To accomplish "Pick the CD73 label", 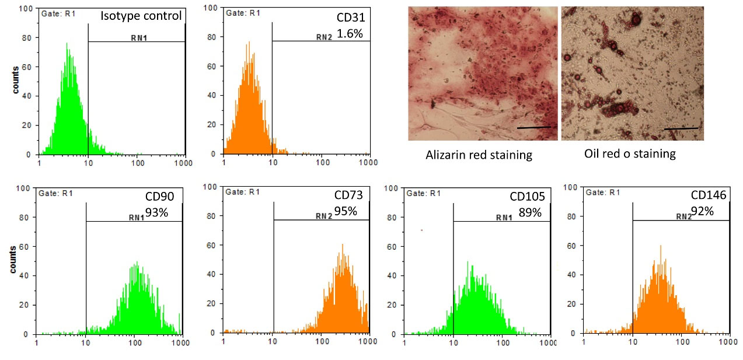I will (348, 197).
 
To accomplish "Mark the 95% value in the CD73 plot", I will (346, 211).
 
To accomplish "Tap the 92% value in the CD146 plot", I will (702, 211).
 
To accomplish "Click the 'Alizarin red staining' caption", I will (479, 155).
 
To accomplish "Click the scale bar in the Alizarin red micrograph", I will (533, 127).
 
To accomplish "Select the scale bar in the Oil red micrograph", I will (681, 128).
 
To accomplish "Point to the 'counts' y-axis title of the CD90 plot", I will (13, 260).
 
